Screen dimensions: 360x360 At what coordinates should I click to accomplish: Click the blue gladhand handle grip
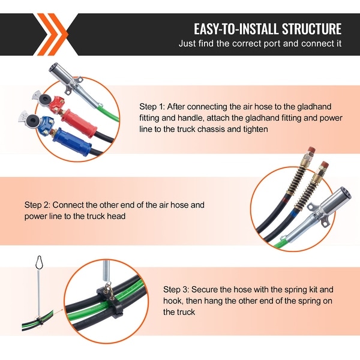[x=72, y=142]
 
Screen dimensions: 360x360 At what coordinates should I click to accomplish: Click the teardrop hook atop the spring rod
[x=41, y=263]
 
